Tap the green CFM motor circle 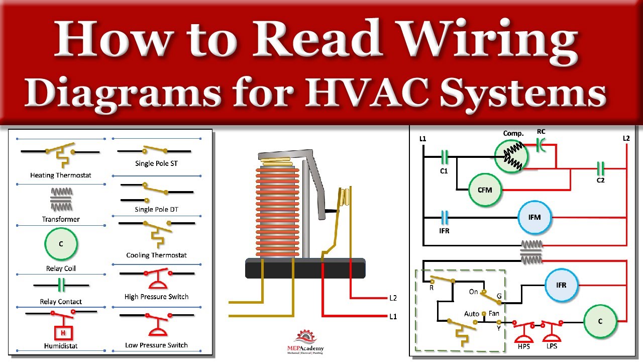(485, 190)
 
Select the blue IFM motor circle (534, 218)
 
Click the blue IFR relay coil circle (561, 285)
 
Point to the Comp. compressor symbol (511, 156)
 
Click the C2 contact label (600, 180)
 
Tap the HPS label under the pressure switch (524, 346)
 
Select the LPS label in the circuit (552, 346)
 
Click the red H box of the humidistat (63, 333)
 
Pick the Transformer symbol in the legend (61, 200)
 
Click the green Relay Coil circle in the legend (61, 244)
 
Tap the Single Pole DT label (156, 210)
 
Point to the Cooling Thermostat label (156, 255)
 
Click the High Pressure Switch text (156, 297)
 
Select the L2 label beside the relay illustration (393, 298)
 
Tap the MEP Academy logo (305, 342)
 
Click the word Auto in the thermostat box (472, 314)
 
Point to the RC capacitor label (541, 132)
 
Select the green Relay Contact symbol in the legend (61, 285)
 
